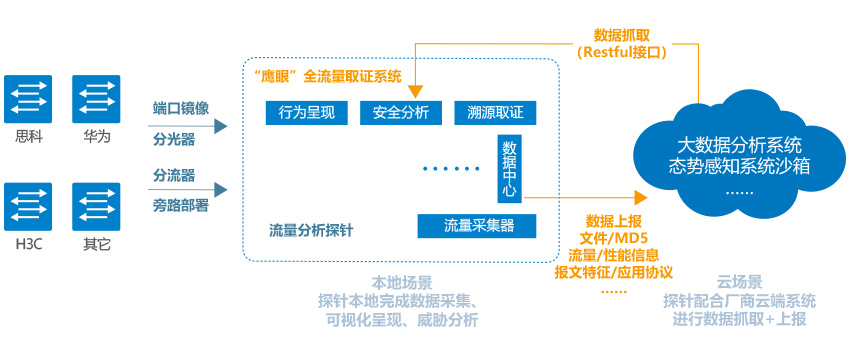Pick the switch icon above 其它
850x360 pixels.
pyautogui.click(x=96, y=207)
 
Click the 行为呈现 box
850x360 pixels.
pyautogui.click(x=305, y=112)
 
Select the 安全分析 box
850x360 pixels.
pyautogui.click(x=400, y=112)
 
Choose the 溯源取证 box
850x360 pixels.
pyautogui.click(x=495, y=112)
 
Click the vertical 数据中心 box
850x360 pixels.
pyautogui.click(x=509, y=166)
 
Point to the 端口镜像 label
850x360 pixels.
pyautogui.click(x=181, y=108)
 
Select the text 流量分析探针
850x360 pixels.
pyautogui.click(x=311, y=230)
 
